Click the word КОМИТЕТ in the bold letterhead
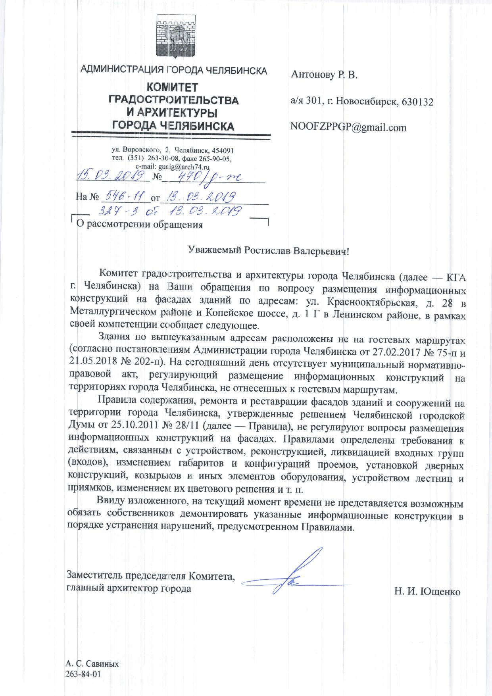coord(173,87)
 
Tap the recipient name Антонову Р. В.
coord(324,75)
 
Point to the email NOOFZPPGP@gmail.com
coord(348,127)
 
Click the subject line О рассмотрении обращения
coord(139,225)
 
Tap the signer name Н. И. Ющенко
coord(427,592)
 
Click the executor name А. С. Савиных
coord(92,663)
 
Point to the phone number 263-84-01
coord(83,674)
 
